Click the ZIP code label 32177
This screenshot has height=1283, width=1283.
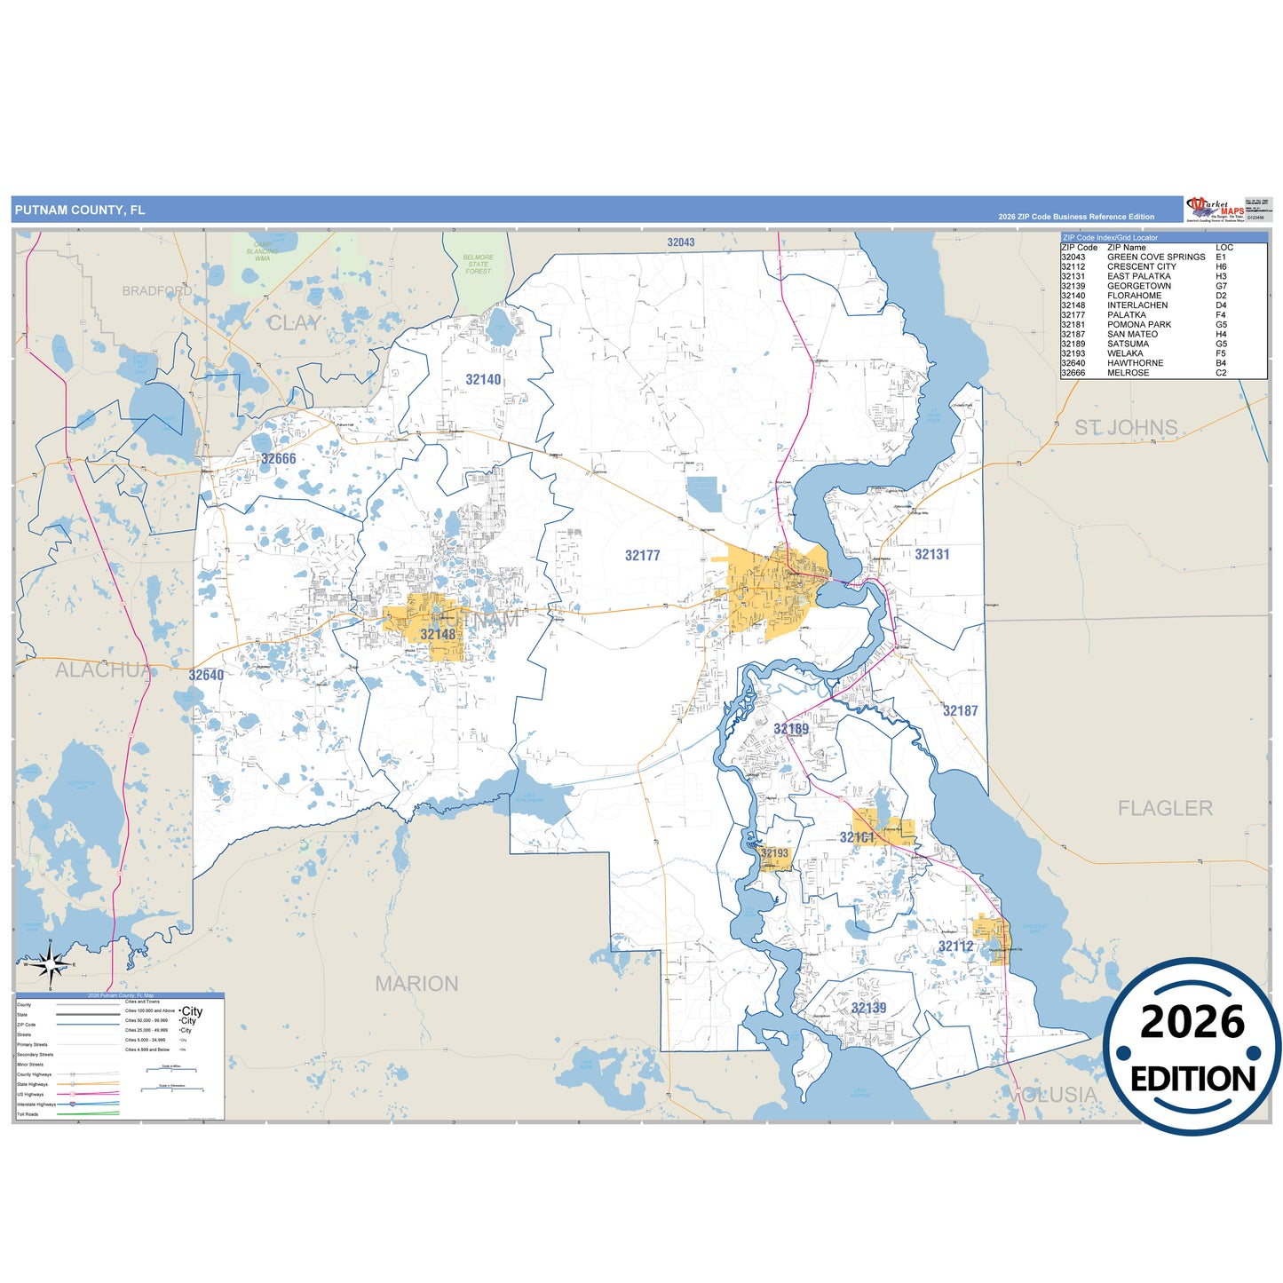[642, 556]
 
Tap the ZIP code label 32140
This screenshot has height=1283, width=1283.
[483, 380]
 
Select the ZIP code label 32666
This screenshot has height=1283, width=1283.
[278, 459]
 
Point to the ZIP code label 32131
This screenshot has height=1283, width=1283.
[932, 554]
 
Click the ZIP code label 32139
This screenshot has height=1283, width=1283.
[868, 1008]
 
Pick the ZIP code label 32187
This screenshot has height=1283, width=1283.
[960, 710]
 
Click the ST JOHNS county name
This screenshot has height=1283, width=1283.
[1126, 428]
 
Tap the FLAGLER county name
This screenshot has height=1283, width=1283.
[1165, 808]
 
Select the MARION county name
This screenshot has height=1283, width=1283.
[416, 984]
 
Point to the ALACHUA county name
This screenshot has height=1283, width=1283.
[103, 670]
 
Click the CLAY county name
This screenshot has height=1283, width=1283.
[294, 323]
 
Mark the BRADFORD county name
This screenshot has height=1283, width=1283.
[157, 291]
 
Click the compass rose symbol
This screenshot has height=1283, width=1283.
[51, 964]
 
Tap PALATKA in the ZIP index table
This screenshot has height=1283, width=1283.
[1126, 315]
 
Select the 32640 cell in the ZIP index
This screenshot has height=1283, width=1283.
[1073, 363]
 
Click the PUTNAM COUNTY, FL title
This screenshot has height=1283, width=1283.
[79, 210]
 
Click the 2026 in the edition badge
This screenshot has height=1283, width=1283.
[1192, 1023]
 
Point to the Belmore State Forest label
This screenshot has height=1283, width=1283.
[478, 264]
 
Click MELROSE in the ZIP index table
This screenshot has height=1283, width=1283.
[1128, 373]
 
